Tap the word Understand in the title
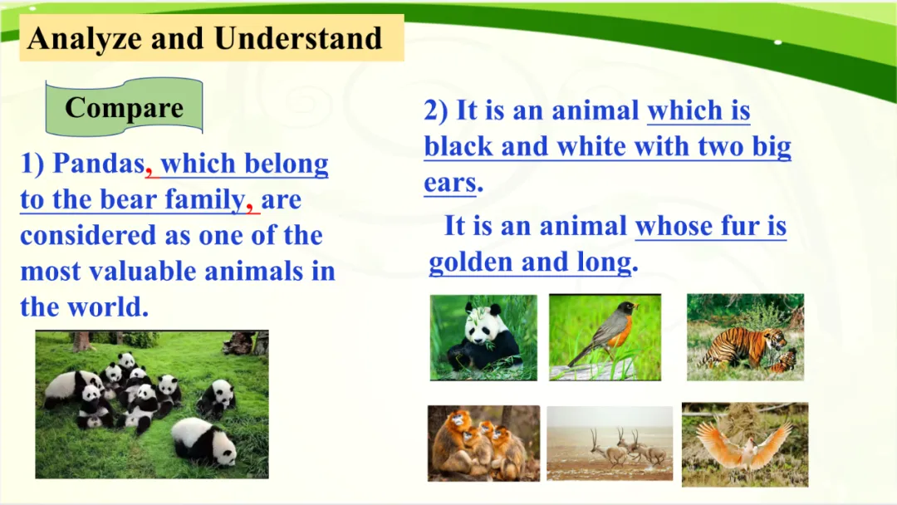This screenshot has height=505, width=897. (x=298, y=38)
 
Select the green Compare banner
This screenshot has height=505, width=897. (x=124, y=107)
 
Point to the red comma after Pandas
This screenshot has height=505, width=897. (x=149, y=172)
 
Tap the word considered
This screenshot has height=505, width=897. (x=88, y=235)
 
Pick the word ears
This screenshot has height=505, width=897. (x=450, y=184)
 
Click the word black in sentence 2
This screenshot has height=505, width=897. (x=458, y=146)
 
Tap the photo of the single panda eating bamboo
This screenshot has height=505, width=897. (x=483, y=337)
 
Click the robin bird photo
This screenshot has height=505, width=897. (x=605, y=337)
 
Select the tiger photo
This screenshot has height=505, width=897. (x=745, y=337)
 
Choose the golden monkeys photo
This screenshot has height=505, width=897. (x=483, y=444)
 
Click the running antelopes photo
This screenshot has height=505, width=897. (x=610, y=444)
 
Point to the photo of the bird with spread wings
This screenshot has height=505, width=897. (x=745, y=444)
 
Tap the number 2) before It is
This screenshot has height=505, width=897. (x=435, y=110)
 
